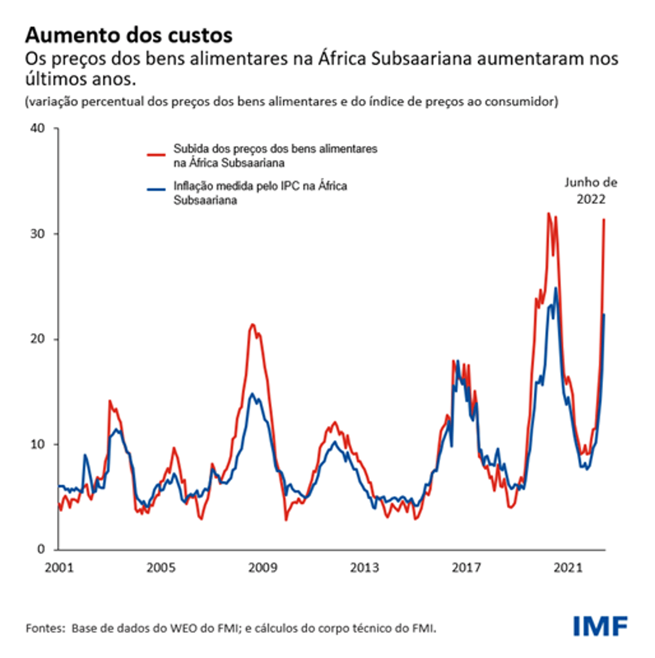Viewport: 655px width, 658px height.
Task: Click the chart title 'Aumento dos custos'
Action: pos(129,35)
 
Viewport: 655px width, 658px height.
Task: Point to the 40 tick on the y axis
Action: pos(38,128)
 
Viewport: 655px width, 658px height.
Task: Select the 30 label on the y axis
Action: pos(38,234)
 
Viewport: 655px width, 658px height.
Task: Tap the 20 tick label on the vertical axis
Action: pos(38,339)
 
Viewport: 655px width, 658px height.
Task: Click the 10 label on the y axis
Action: pos(38,445)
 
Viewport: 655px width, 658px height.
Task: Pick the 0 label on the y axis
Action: pos(41,550)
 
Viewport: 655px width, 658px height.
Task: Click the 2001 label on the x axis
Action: pos(59,568)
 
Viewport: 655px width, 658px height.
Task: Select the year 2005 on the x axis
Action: pos(161,568)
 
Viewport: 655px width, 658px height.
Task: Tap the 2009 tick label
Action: pos(263,568)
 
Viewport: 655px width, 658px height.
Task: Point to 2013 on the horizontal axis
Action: pos(364,568)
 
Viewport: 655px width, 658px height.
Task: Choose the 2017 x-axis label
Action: pos(466,568)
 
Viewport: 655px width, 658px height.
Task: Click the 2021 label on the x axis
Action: pos(568,568)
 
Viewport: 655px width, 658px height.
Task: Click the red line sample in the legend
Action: pos(156,155)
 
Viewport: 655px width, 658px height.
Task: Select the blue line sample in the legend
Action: pos(156,189)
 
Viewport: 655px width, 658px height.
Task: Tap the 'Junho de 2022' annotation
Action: pos(591,191)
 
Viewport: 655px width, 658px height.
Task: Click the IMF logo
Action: pos(600,626)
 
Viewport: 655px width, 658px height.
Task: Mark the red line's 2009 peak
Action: pos(252,324)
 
